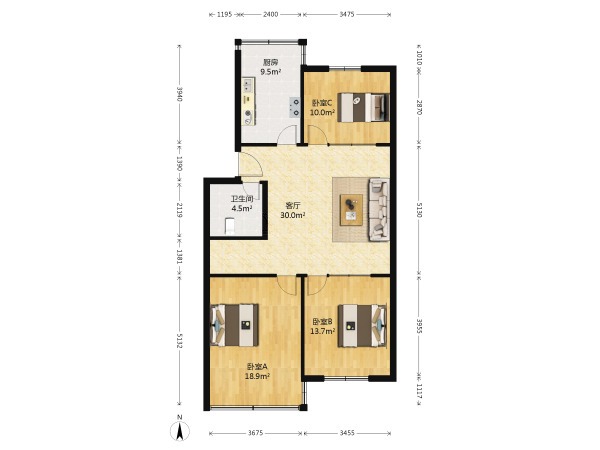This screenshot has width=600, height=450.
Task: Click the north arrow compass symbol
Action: tap(180, 429)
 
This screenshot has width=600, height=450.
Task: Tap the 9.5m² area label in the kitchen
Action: tap(271, 72)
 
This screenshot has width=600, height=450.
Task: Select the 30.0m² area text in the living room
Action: tap(293, 215)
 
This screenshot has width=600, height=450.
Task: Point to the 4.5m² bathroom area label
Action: tap(242, 208)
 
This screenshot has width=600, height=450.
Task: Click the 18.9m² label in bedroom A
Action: tap(257, 376)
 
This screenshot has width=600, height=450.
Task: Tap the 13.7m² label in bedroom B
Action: tap(323, 331)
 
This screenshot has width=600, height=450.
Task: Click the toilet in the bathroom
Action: tap(229, 225)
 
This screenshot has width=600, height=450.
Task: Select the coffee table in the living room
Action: tap(351, 209)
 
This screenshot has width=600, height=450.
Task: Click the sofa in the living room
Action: tap(379, 210)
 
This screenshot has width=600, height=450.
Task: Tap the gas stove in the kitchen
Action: tap(295, 107)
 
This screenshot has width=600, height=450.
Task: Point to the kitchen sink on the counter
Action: tap(248, 85)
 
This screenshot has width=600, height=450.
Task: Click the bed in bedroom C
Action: tap(363, 107)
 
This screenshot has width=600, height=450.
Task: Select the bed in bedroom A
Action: tap(234, 325)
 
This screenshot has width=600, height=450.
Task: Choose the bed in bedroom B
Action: tap(362, 326)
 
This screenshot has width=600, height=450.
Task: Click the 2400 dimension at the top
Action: tap(270, 15)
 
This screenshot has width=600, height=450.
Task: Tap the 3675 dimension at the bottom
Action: tap(255, 433)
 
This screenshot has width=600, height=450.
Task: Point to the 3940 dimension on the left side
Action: tap(179, 94)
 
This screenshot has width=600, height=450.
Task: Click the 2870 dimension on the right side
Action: tap(419, 108)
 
